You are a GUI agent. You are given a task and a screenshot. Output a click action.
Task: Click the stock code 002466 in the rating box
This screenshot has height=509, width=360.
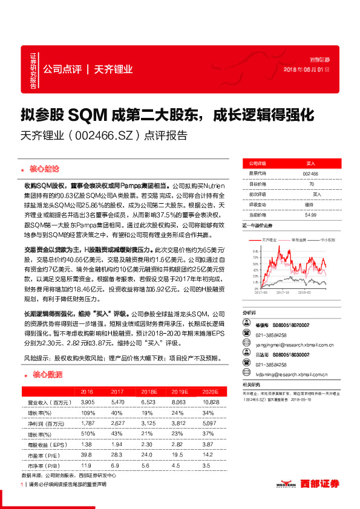pyautogui.click(x=310, y=173)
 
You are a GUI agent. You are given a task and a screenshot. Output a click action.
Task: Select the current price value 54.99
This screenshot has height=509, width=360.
pyautogui.click(x=310, y=214)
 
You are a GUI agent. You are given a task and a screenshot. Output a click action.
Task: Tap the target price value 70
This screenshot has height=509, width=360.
pyautogui.click(x=311, y=183)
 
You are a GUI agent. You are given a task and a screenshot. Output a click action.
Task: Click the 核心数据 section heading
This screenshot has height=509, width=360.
pyautogui.click(x=45, y=374)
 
